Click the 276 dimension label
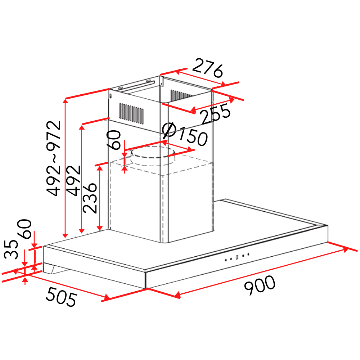point(207,68)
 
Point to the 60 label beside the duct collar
point(114,140)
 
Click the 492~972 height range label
point(54,158)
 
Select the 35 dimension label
point(11,249)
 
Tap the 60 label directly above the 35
point(24,229)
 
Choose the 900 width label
point(260,285)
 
